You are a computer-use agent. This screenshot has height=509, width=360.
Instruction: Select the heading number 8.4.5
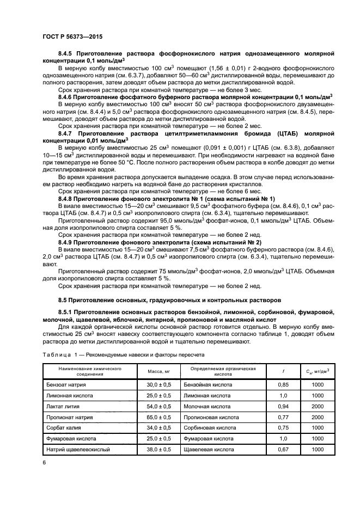(x=67, y=54)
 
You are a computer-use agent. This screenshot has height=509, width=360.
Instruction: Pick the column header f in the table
(x=283, y=372)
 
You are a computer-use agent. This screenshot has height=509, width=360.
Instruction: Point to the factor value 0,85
(x=283, y=385)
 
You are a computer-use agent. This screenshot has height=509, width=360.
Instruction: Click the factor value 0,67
(x=283, y=450)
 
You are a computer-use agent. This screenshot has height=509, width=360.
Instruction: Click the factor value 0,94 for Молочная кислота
(x=283, y=407)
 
